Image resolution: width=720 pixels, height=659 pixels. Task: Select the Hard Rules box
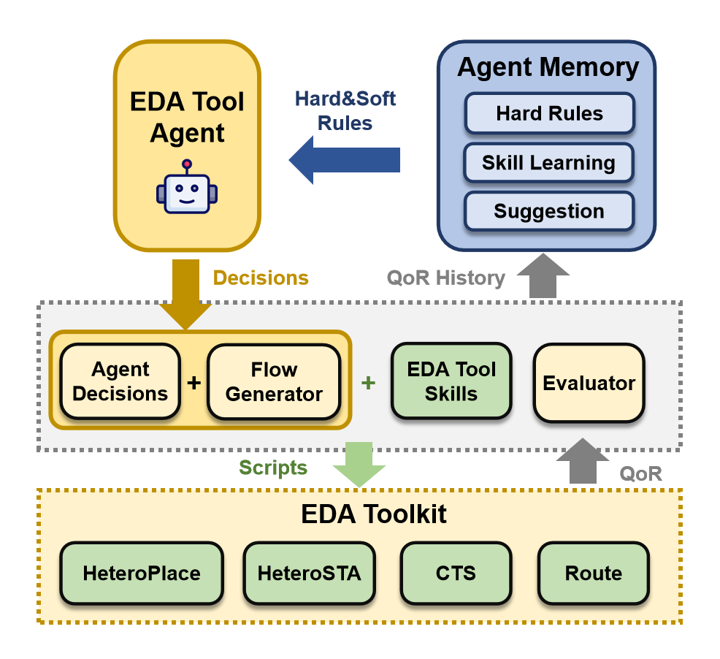(x=550, y=113)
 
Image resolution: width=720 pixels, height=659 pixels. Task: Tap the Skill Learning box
(x=548, y=163)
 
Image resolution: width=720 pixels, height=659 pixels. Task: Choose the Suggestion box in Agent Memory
(x=549, y=211)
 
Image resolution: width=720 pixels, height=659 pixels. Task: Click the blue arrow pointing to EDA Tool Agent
(x=345, y=160)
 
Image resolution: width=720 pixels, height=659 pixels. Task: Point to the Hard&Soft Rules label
(x=345, y=111)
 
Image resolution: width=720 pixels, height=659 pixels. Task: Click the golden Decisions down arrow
(x=185, y=294)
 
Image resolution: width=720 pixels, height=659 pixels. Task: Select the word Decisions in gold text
(x=261, y=278)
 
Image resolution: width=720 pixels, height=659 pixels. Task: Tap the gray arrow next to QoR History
(x=543, y=275)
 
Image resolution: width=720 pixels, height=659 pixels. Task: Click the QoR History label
(x=446, y=278)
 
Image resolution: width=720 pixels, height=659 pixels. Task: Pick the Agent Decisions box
(x=120, y=381)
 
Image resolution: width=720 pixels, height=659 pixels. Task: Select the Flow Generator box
(x=274, y=382)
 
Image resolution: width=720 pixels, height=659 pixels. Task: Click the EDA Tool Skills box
(x=451, y=381)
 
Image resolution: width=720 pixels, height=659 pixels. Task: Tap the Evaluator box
(x=589, y=383)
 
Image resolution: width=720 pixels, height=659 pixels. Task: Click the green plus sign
(x=368, y=382)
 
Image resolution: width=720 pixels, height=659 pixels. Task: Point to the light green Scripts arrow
(x=359, y=464)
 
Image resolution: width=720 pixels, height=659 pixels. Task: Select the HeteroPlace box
(x=142, y=573)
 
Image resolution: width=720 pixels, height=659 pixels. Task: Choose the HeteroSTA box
(x=310, y=573)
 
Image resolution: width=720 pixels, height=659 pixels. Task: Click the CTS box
(x=456, y=573)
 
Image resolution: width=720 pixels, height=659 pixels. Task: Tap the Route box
(x=594, y=573)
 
